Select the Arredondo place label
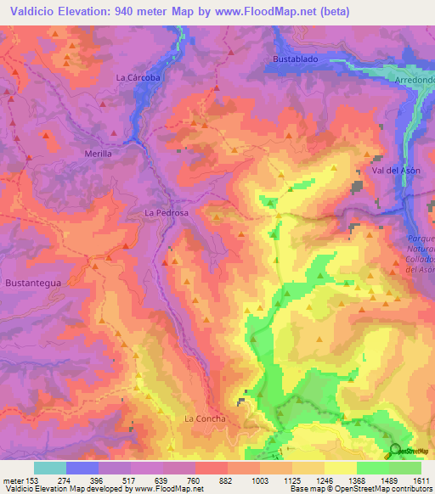click(415, 80)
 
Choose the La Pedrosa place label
click(166, 212)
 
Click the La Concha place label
click(205, 418)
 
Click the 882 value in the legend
click(227, 480)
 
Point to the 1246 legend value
click(324, 480)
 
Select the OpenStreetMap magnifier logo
click(394, 450)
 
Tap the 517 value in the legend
click(132, 480)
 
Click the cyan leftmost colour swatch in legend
click(50, 467)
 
